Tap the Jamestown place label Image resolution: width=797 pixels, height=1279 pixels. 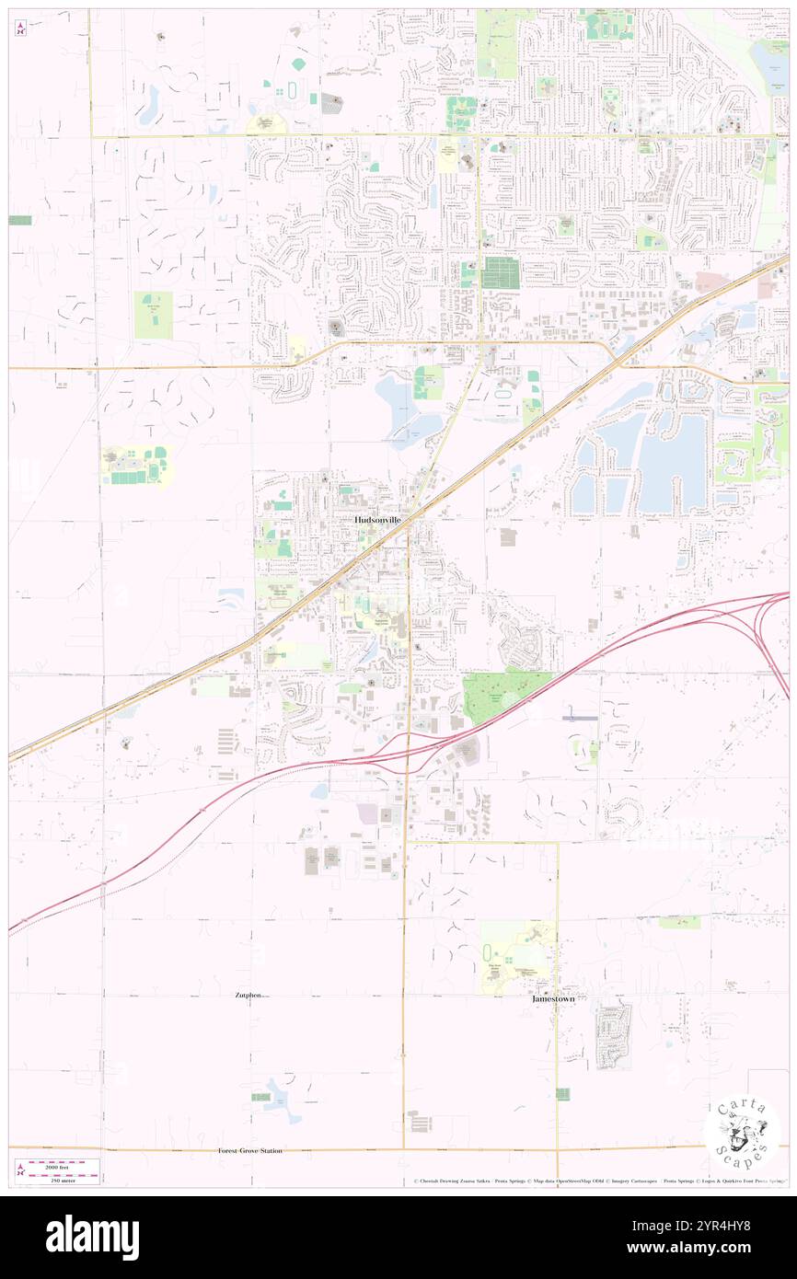click(x=553, y=998)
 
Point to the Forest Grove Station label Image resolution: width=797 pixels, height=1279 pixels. click(x=250, y=1151)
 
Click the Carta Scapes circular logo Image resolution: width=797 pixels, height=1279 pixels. click(x=742, y=1135)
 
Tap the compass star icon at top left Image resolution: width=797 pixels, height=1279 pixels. click(x=21, y=29)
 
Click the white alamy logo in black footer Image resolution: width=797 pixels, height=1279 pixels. click(x=92, y=1238)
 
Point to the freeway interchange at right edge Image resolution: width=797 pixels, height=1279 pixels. click(x=768, y=635)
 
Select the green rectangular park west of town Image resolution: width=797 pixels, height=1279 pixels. click(x=153, y=316)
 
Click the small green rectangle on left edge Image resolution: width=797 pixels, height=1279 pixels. click(x=20, y=221)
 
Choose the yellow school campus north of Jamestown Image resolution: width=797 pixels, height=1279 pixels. click(x=515, y=957)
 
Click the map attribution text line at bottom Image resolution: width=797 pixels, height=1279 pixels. click(x=598, y=1181)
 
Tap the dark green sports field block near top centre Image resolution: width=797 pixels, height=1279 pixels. click(x=502, y=272)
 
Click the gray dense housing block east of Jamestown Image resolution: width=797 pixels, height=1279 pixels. click(x=613, y=1035)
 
